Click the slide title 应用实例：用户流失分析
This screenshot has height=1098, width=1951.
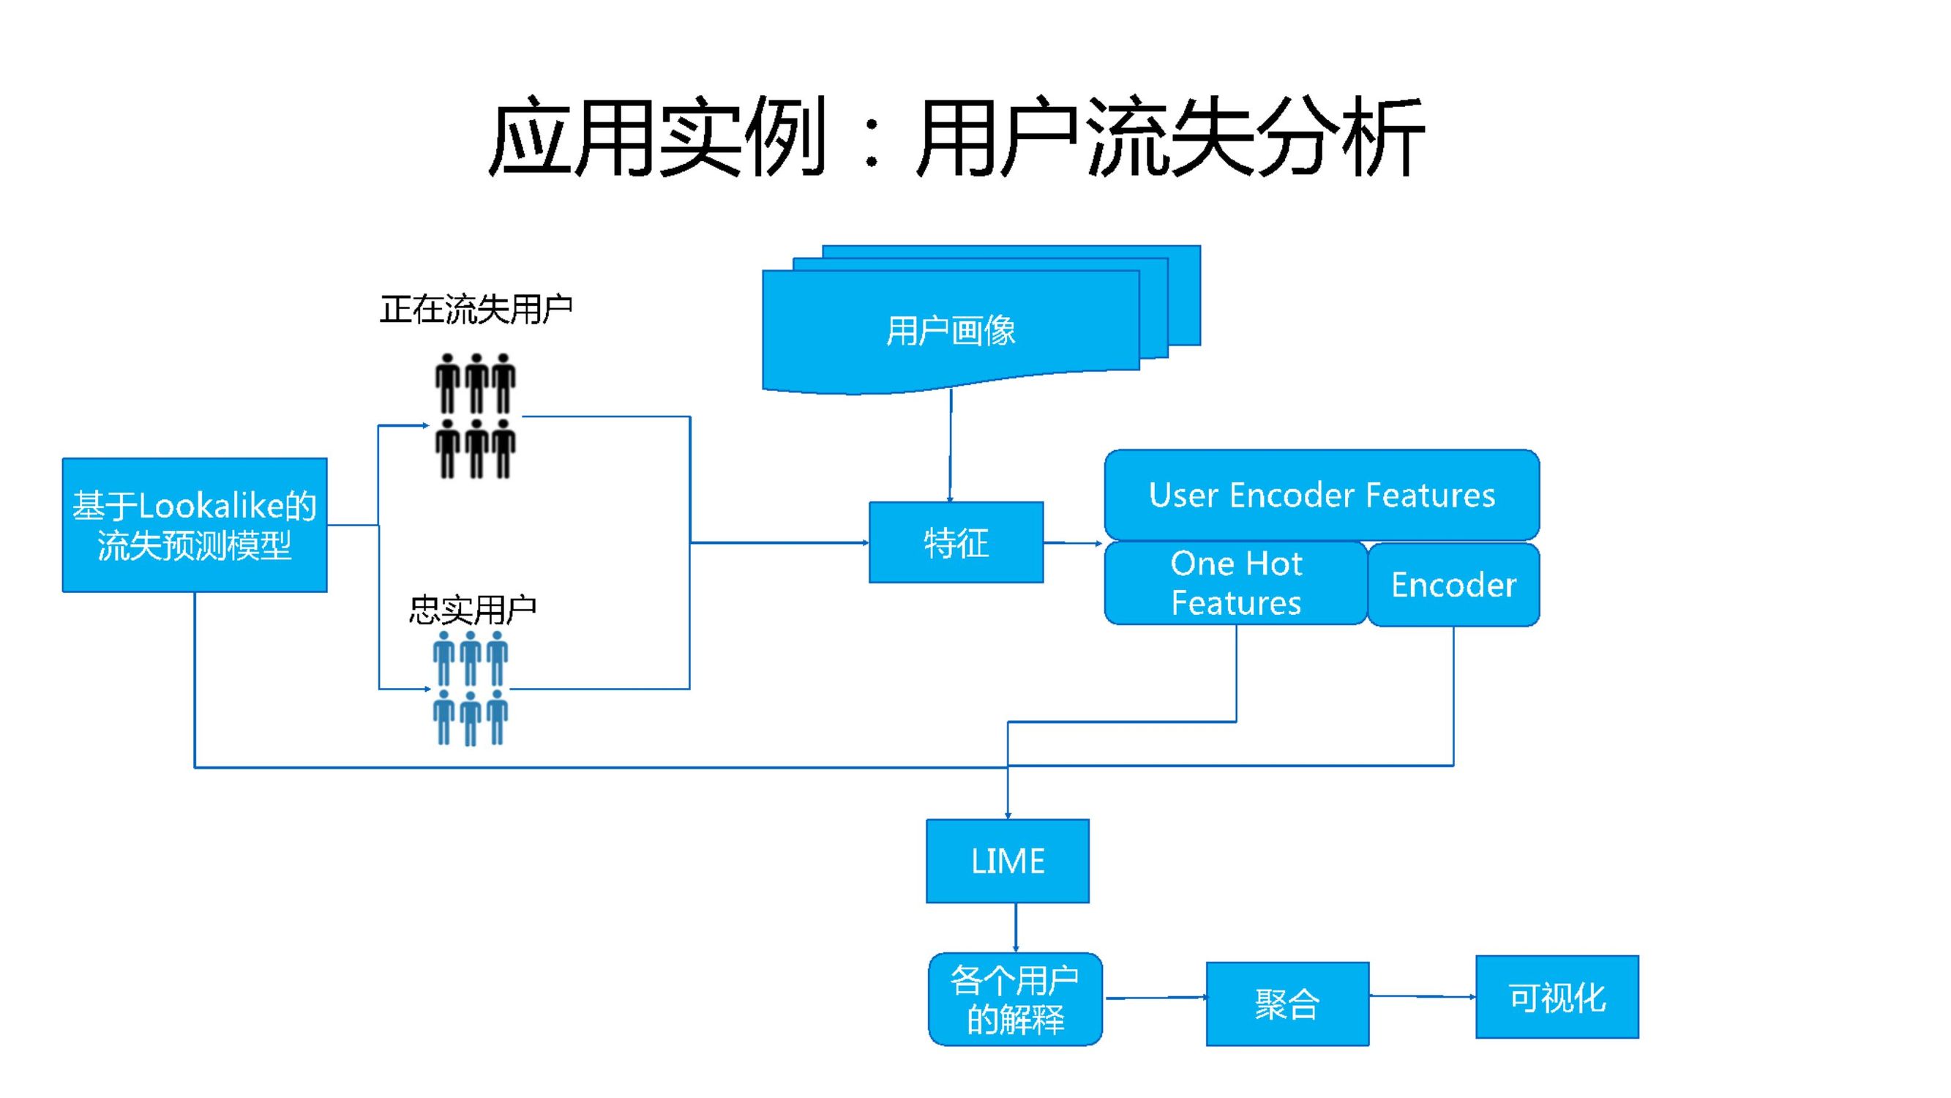click(956, 138)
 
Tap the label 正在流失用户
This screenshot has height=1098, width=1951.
click(476, 309)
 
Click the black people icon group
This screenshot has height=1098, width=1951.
click(476, 416)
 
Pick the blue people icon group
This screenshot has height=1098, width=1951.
click(471, 688)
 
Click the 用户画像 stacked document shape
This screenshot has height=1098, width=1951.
click(951, 331)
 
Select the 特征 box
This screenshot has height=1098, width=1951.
click(956, 542)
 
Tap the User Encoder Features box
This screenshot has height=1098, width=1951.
click(1322, 495)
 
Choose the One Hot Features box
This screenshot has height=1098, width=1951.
click(1236, 583)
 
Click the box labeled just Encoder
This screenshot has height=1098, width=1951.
click(1453, 584)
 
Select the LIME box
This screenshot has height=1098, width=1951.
click(1007, 861)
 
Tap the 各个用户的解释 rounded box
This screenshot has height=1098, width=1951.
click(1015, 998)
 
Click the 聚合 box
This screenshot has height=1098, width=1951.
click(1287, 1004)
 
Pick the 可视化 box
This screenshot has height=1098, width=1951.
click(1557, 997)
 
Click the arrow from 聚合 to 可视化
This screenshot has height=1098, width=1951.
click(1423, 996)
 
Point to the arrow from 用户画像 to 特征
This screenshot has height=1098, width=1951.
click(951, 447)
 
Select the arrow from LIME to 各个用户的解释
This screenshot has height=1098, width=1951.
click(1016, 927)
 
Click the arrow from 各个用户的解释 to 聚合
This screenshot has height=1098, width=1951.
click(1154, 998)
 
